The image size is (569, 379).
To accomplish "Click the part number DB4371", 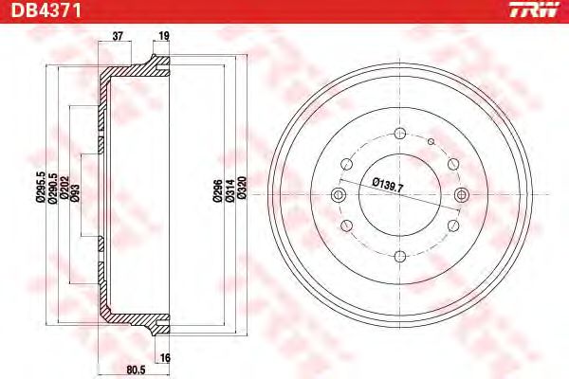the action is click(x=46, y=10).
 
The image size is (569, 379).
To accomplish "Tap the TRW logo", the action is click(x=534, y=9).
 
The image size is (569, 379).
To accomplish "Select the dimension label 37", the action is click(x=118, y=36).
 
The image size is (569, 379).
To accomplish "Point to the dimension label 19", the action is click(x=164, y=36).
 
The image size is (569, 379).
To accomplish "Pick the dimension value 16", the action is click(x=165, y=358).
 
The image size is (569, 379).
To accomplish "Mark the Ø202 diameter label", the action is click(x=64, y=188).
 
